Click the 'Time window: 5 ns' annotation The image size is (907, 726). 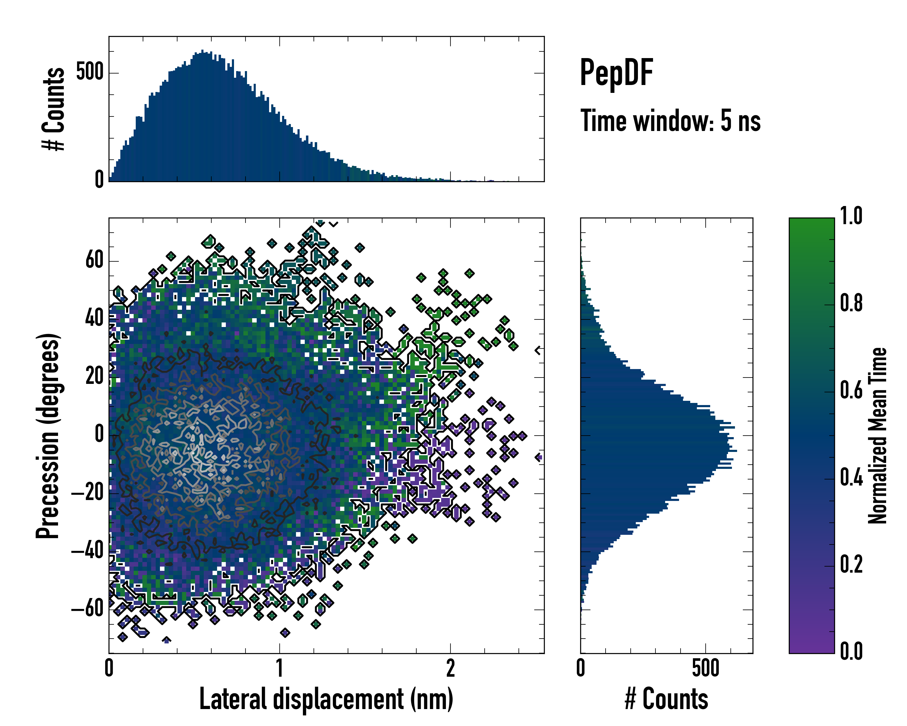point(670,121)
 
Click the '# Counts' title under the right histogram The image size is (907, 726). point(666,699)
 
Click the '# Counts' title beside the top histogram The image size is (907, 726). point(54,109)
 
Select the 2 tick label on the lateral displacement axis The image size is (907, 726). point(450,668)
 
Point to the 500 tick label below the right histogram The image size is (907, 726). point(705,668)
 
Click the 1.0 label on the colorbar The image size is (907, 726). point(851,216)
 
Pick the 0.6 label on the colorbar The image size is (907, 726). point(851,390)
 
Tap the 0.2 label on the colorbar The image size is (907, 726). point(851,564)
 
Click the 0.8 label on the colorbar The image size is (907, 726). point(851,303)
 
